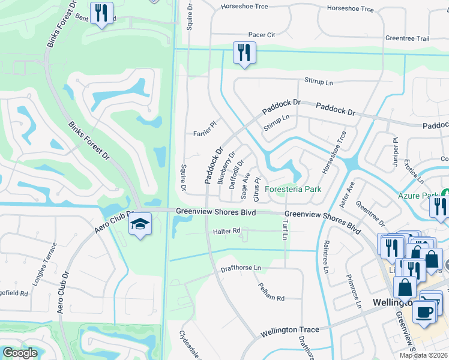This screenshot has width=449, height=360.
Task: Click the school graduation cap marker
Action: (x=140, y=224)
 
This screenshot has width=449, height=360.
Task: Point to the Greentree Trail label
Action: (x=408, y=38)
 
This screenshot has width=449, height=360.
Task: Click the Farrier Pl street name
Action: (x=204, y=130)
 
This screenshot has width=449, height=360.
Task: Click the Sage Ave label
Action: (x=246, y=185)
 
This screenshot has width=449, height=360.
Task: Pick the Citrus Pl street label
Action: (x=258, y=188)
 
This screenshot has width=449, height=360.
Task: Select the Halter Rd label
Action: (x=226, y=230)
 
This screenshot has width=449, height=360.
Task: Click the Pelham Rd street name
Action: (x=271, y=292)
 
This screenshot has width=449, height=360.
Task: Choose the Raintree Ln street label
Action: (x=327, y=259)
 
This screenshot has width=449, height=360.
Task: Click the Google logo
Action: (x=20, y=353)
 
